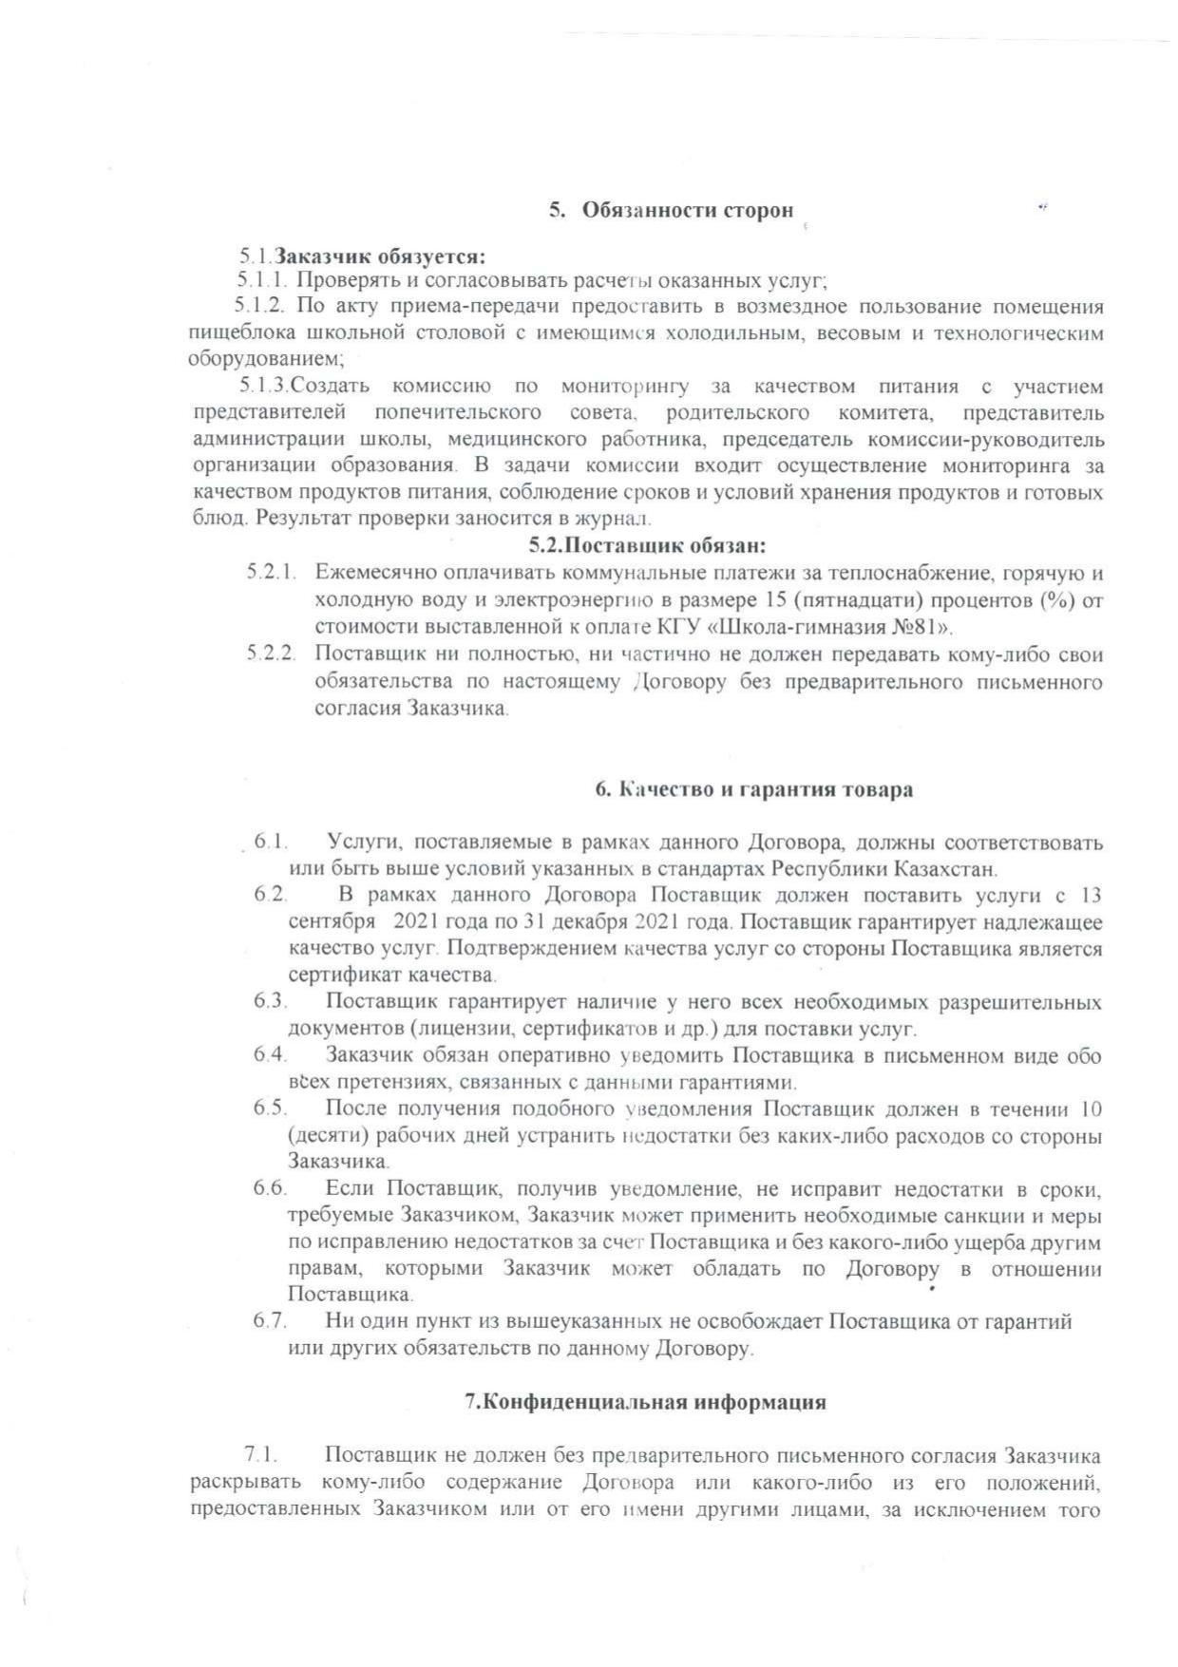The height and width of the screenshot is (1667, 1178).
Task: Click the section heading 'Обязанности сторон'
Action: (x=686, y=211)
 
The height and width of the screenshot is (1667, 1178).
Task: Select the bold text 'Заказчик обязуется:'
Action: (x=380, y=256)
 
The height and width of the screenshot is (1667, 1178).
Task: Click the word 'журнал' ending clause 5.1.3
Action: (x=618, y=520)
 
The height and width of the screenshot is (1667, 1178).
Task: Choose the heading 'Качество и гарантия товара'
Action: (x=753, y=790)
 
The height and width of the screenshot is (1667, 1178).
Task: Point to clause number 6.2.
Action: (x=270, y=896)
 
